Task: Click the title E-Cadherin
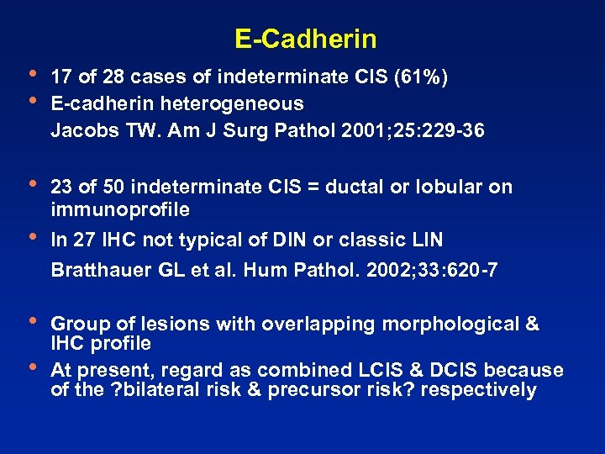(x=306, y=39)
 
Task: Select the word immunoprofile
(x=120, y=209)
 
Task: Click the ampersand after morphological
(x=531, y=324)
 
